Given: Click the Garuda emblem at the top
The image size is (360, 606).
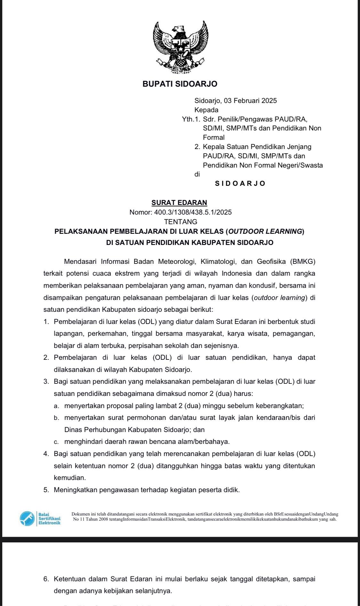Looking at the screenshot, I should (x=180, y=47).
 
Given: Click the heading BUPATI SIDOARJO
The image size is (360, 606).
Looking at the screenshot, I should (x=180, y=84).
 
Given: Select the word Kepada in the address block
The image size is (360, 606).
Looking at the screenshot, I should (x=206, y=110).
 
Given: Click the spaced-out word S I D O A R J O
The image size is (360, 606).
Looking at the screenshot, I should (x=240, y=184).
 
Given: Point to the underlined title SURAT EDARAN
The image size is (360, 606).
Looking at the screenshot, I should (x=179, y=202).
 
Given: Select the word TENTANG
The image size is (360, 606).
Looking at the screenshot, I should (x=180, y=222).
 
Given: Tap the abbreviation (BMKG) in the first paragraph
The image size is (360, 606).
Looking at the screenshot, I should (x=303, y=262).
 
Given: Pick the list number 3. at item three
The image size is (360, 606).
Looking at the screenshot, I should (x=46, y=382).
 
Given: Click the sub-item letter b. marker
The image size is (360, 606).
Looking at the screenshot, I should (x=56, y=418).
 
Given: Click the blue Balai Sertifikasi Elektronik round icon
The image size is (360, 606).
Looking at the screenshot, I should (x=27, y=518).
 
